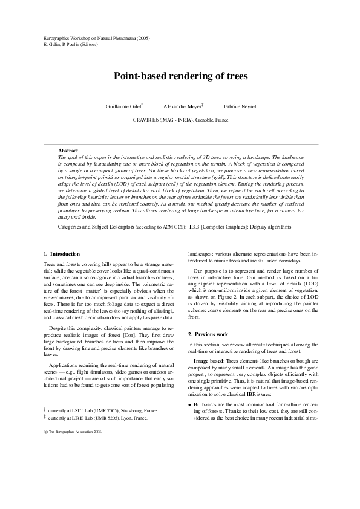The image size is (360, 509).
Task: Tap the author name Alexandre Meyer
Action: (x=182, y=106)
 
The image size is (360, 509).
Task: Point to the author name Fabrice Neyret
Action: (x=240, y=106)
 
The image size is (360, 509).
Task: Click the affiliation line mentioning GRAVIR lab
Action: (x=180, y=120)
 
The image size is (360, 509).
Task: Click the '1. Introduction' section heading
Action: (x=62, y=253)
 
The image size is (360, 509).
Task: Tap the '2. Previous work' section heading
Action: (x=208, y=334)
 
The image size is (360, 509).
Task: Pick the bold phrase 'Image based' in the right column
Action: (x=208, y=360)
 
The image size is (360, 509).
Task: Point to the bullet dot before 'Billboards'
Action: (x=190, y=404)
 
